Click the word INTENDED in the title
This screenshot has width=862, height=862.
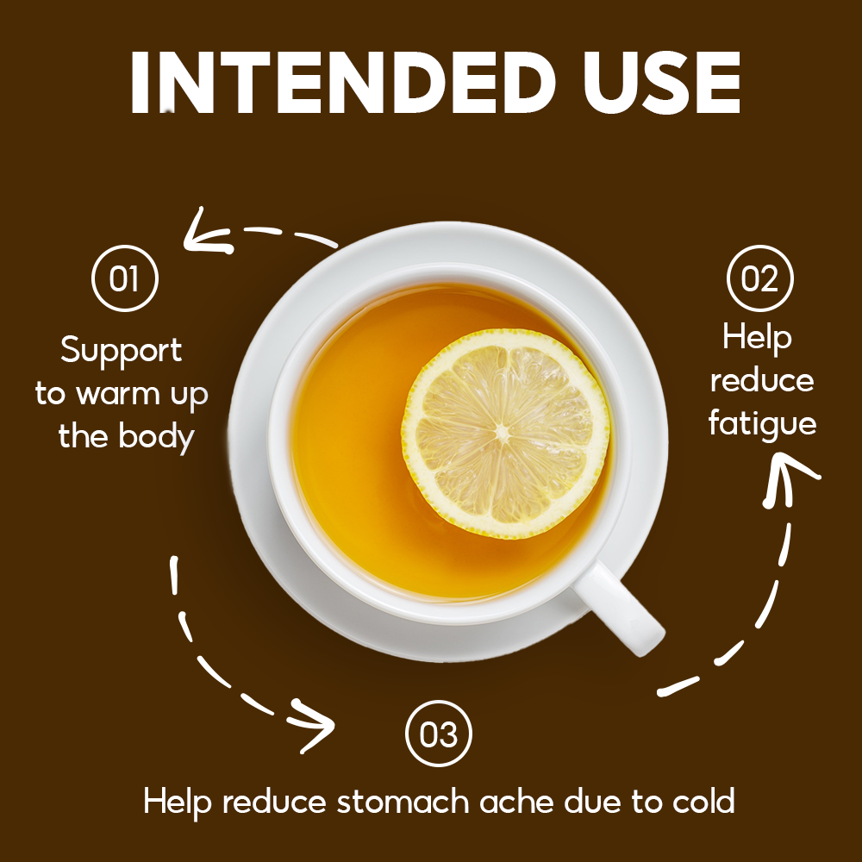(x=340, y=83)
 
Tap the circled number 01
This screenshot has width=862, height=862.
(x=125, y=278)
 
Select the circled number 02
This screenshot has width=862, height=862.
(x=759, y=278)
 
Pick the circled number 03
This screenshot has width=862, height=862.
(x=438, y=734)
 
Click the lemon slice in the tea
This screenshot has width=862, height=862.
(x=505, y=434)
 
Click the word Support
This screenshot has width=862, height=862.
(x=121, y=352)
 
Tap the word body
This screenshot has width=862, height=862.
(x=157, y=437)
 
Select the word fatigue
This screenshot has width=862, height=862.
(x=762, y=424)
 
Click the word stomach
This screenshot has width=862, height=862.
(x=403, y=801)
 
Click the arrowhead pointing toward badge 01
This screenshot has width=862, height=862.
(x=206, y=234)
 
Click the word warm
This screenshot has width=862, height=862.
(x=117, y=395)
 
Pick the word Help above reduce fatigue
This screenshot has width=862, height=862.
(x=757, y=338)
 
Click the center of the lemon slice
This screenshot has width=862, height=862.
(x=503, y=434)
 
